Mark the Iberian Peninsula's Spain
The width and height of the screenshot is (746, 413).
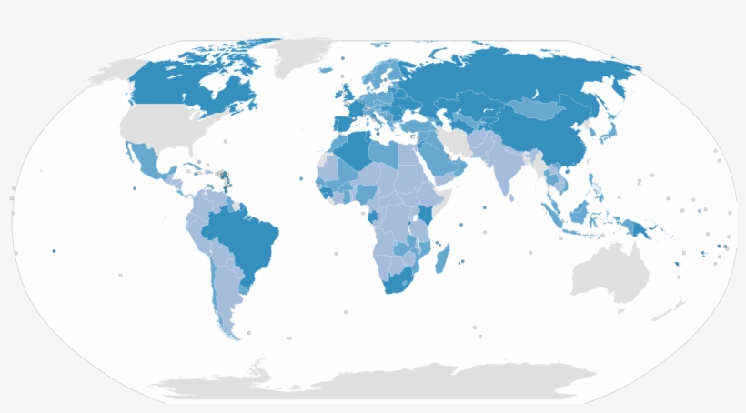[x=341, y=126]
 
